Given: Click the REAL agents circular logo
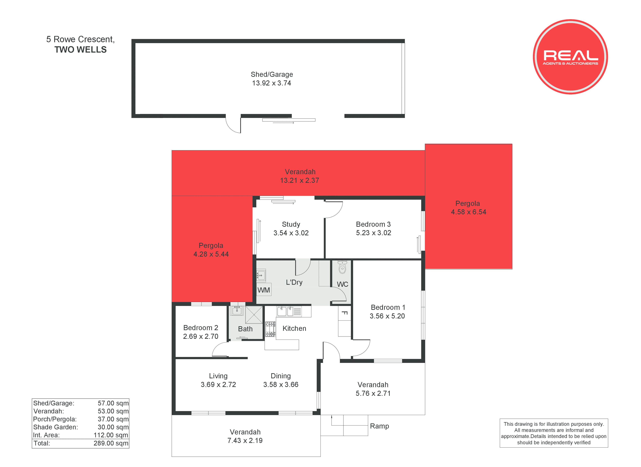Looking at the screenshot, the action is pyautogui.click(x=570, y=57).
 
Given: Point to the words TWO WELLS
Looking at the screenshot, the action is pyautogui.click(x=80, y=50).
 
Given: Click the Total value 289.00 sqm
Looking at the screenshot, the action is pyautogui.click(x=111, y=443).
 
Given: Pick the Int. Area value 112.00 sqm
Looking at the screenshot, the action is pyautogui.click(x=111, y=435).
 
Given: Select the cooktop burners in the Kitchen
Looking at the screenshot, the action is pyautogui.click(x=270, y=329).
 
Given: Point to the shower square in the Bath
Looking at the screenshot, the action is pyautogui.click(x=254, y=315).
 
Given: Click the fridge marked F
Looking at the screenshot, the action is pyautogui.click(x=344, y=313).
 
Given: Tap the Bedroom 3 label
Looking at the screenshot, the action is pyautogui.click(x=373, y=224).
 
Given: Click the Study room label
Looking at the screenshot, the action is pyautogui.click(x=291, y=224).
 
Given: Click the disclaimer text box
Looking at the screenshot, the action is pyautogui.click(x=554, y=433).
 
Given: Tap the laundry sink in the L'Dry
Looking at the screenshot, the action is pyautogui.click(x=261, y=275).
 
